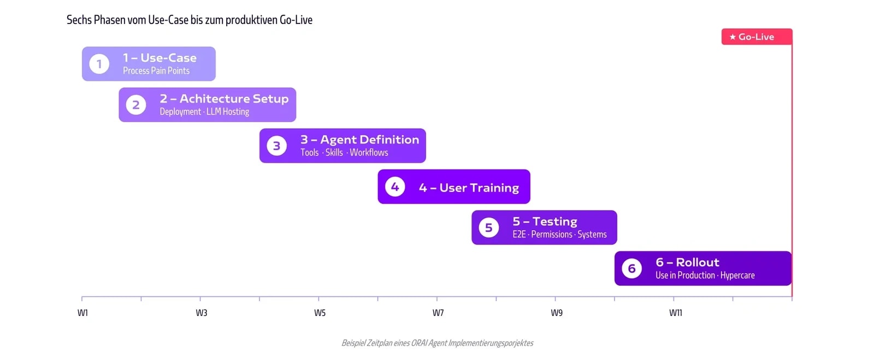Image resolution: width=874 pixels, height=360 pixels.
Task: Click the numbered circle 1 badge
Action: pyautogui.click(x=99, y=64)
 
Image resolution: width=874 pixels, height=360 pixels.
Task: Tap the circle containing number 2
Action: pyautogui.click(x=136, y=105)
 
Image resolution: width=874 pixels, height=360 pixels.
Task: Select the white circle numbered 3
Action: pyautogui.click(x=276, y=146)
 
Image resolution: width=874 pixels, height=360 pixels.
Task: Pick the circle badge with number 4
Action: pyautogui.click(x=395, y=187)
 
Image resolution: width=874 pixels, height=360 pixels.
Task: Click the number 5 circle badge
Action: pyautogui.click(x=488, y=227)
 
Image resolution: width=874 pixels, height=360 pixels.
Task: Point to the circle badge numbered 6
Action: pyautogui.click(x=631, y=268)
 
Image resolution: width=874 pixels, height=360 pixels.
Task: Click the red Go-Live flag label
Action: pyautogui.click(x=757, y=37)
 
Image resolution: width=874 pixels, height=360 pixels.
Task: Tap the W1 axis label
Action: pyautogui.click(x=82, y=313)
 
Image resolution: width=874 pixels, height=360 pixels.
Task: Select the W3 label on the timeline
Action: pyautogui.click(x=202, y=313)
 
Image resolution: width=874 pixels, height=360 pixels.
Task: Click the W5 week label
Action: pyautogui.click(x=320, y=313)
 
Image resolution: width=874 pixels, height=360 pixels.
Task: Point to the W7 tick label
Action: pyautogui.click(x=438, y=313)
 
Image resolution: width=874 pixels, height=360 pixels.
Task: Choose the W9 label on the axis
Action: pyautogui.click(x=557, y=313)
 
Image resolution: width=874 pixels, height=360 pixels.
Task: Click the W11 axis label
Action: pyautogui.click(x=675, y=313)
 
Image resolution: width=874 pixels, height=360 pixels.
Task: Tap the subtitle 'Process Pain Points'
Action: pyautogui.click(x=156, y=71)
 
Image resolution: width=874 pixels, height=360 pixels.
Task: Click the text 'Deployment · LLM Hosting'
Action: pyautogui.click(x=204, y=112)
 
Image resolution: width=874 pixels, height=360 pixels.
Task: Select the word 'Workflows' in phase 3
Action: pyautogui.click(x=369, y=152)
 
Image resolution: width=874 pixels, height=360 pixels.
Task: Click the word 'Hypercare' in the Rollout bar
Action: pyautogui.click(x=737, y=275)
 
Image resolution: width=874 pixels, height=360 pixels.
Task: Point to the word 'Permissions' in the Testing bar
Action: pyautogui.click(x=552, y=235)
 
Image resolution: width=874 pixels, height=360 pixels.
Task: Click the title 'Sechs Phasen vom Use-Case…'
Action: pyautogui.click(x=190, y=20)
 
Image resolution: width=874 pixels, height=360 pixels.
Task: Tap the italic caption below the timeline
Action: pyautogui.click(x=438, y=343)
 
